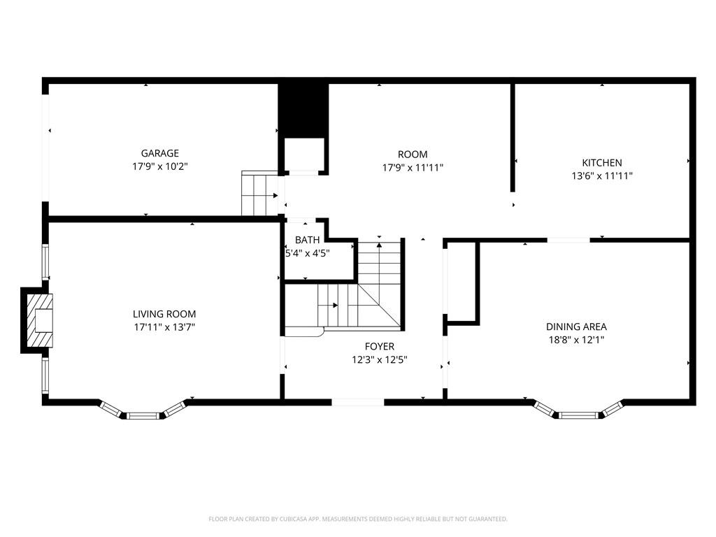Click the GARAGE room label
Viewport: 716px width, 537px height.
159,153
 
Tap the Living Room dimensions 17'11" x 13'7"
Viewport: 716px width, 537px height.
164,327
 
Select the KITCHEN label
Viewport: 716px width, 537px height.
601,163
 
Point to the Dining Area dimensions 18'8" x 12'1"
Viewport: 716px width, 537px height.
576,340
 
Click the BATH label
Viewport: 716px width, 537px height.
307,241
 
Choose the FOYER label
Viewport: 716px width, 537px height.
379,346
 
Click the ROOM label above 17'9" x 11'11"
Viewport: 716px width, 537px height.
413,155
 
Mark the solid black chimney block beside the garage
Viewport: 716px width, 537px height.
303,109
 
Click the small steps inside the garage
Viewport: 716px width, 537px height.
259,194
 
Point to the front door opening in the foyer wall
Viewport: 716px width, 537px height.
357,402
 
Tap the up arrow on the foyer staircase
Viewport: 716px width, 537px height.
380,245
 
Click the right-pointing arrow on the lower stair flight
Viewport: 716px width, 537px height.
336,305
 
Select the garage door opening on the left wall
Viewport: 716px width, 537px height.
46,148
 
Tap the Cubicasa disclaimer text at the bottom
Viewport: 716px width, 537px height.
357,519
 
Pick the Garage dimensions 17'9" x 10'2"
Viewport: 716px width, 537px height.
159,166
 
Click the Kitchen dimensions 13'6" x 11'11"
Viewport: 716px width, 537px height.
601,176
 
